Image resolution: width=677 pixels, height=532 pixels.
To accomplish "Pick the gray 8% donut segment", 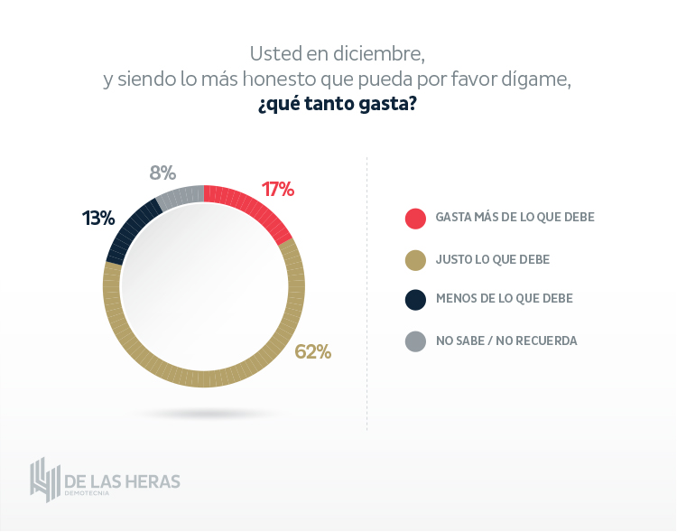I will click(181, 192).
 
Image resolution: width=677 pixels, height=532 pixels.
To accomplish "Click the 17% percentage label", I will click(278, 189).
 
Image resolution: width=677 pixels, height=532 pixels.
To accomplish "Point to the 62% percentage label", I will click(313, 351).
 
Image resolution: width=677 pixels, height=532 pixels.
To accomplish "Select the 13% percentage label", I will click(97, 218).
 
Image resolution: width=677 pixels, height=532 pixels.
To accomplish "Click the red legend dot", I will click(415, 218).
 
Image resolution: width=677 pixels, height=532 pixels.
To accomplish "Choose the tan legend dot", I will click(415, 260).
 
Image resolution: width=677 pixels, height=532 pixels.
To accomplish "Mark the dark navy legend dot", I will click(415, 299).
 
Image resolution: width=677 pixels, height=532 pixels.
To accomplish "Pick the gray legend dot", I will click(415, 341).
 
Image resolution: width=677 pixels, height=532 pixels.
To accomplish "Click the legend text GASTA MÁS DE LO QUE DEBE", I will click(515, 218).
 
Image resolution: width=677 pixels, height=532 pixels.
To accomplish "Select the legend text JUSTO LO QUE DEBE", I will click(492, 259).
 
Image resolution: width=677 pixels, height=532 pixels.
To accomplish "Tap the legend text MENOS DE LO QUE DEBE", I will click(504, 298).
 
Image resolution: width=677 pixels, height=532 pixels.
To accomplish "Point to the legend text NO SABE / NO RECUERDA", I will click(505, 341).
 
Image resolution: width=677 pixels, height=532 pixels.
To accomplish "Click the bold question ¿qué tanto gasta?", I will click(337, 105).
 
